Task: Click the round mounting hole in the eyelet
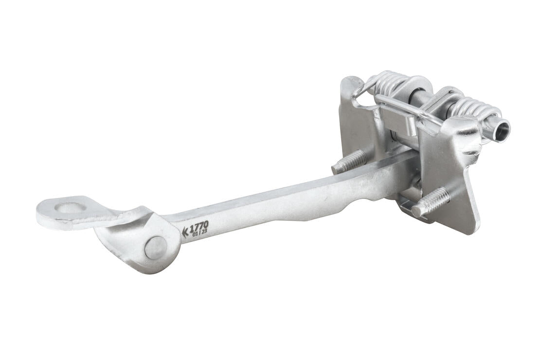click(x=71, y=208)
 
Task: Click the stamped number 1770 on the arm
click(x=199, y=226)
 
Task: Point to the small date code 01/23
click(x=199, y=233)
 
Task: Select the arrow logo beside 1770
click(x=185, y=232)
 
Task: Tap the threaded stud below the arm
click(x=431, y=201)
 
